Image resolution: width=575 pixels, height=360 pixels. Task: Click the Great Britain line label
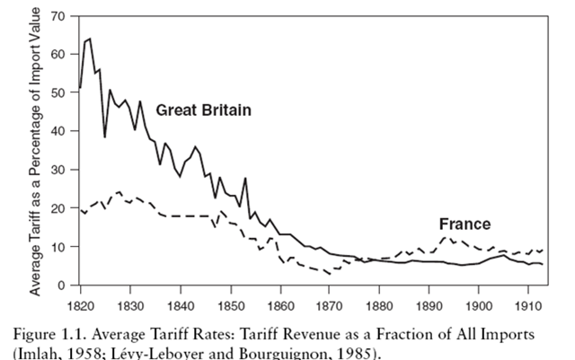[202, 110]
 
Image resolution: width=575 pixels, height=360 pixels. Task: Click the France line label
[464, 224]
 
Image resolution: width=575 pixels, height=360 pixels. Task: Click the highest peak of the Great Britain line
[89, 39]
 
